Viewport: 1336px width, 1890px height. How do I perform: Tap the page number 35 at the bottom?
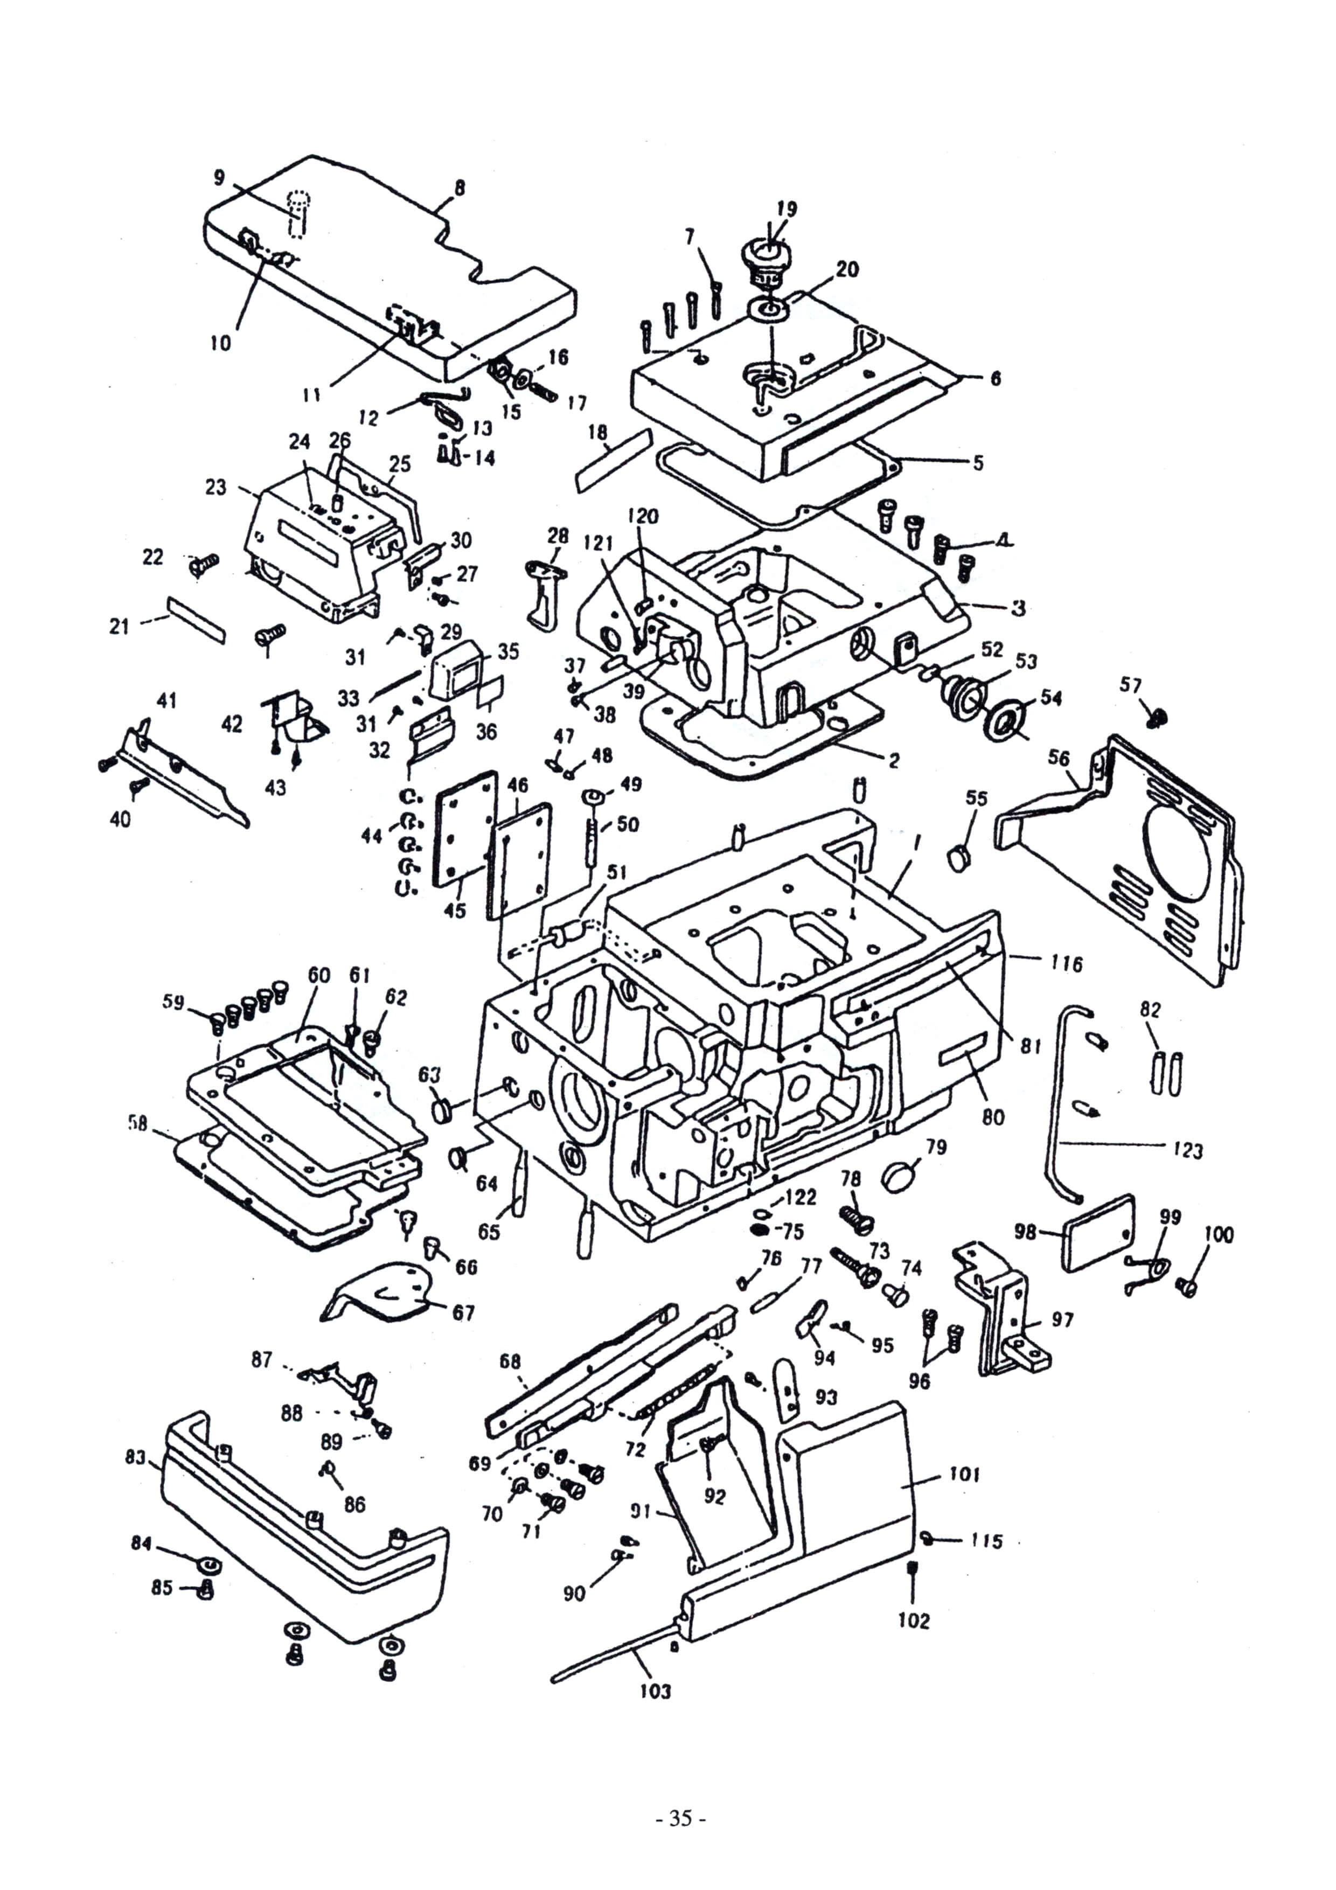pos(680,1795)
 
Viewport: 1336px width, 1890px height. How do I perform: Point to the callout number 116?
pos(1067,963)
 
